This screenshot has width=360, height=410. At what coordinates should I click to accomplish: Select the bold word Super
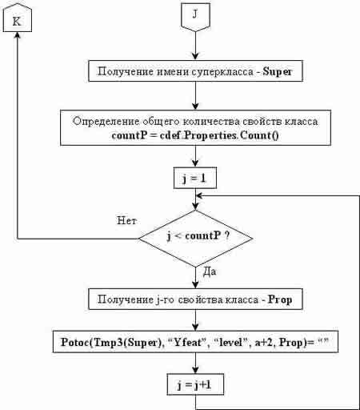coord(278,71)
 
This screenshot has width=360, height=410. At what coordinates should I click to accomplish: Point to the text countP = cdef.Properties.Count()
coord(195,135)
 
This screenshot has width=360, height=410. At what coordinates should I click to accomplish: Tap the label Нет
coord(127,221)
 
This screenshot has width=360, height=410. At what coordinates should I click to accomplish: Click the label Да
coord(210,272)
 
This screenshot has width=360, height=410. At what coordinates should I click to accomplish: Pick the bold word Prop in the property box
coord(280,299)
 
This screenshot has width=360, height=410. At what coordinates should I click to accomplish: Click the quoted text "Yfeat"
coord(186,343)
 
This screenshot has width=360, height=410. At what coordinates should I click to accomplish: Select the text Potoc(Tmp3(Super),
coord(111,343)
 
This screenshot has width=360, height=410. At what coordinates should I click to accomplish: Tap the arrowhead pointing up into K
coord(18,35)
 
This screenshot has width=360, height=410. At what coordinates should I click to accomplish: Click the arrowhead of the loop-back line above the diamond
coord(199,195)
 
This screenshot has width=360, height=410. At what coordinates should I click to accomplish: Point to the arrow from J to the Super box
coord(195,46)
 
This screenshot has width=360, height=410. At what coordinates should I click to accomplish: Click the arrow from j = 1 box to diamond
coord(195,199)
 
